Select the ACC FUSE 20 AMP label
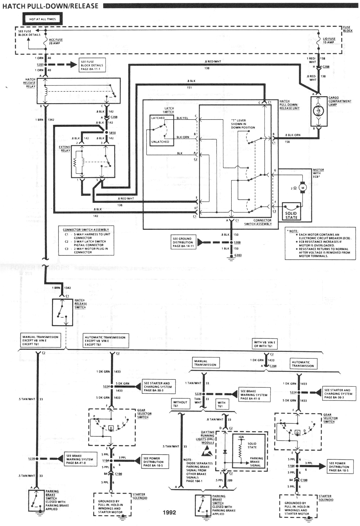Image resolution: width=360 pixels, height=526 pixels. tap(56, 41)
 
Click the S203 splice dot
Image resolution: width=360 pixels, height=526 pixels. tap(46, 64)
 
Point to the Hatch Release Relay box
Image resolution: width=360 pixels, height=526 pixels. tap(79, 91)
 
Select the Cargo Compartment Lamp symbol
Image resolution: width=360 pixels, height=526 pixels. tap(319, 111)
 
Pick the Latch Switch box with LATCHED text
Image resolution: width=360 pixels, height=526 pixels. tap(162, 130)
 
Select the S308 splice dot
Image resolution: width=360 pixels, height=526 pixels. tap(231, 242)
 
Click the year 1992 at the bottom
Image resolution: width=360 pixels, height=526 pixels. tap(169, 512)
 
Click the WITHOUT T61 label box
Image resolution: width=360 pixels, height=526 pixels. tap(180, 404)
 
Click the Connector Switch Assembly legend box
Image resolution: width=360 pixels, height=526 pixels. tap(86, 241)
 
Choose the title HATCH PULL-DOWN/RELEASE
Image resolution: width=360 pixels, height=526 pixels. tap(51, 6)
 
